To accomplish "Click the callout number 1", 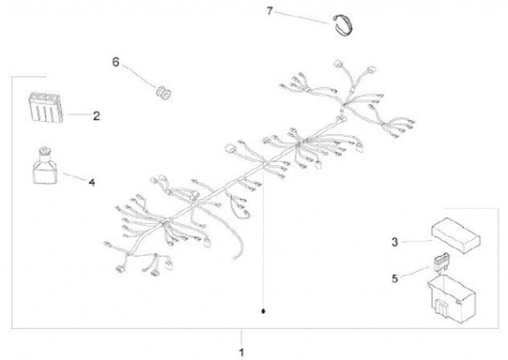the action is pos(241,352).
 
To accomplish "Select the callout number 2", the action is pos(96,116).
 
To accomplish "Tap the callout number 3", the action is pos(394,242).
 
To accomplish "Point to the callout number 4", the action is pos(92,183).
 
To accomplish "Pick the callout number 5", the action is pos(394,279).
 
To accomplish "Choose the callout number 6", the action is pos(116,62).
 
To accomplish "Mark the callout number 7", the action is pos(270,11).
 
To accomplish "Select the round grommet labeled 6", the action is pos(164,92).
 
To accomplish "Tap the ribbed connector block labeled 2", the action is pos(45,107).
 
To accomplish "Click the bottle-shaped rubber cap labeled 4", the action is pos(46,167).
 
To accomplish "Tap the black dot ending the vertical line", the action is pos(263,311).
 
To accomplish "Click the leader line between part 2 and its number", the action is pos(79,114).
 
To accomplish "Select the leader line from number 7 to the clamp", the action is pos(302,18).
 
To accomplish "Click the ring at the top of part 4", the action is pos(44,150).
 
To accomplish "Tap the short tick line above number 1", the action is pos(241,337).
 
